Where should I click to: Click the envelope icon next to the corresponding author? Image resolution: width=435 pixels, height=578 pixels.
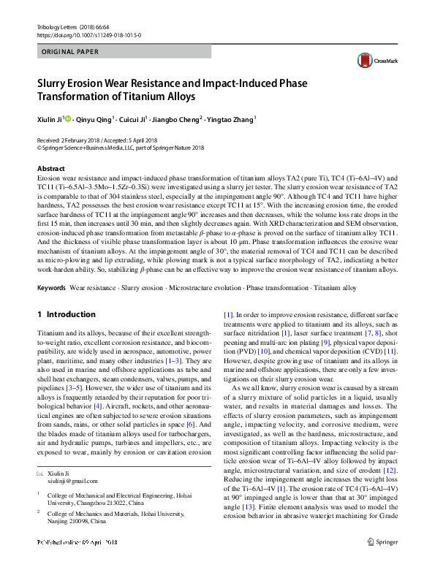click(x=41, y=474)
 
